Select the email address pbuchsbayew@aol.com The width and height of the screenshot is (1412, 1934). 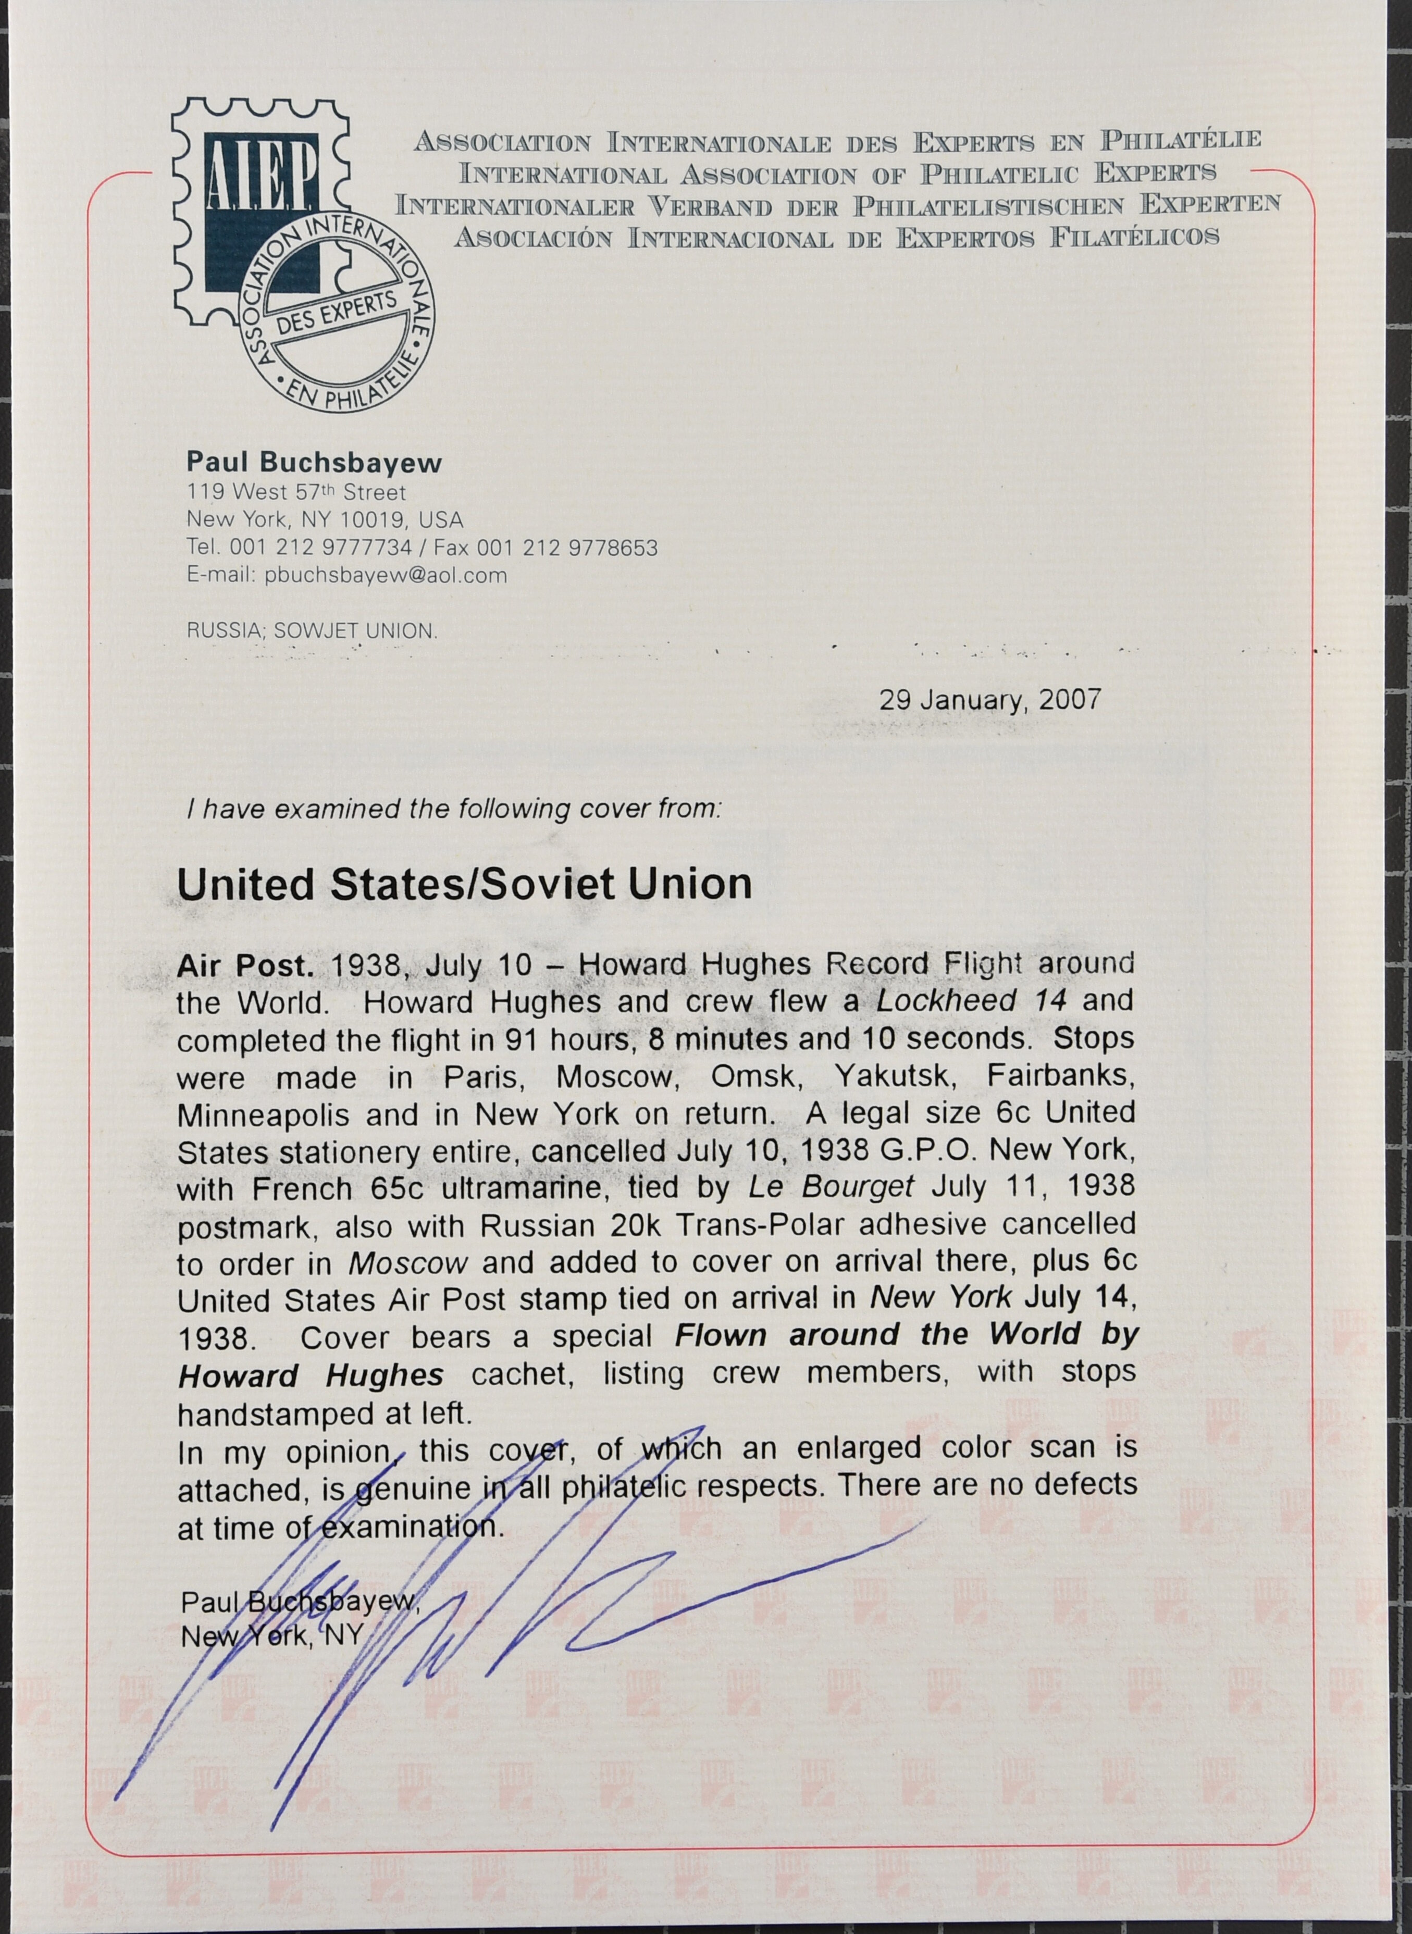[x=386, y=575]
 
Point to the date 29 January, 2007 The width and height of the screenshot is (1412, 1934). [x=990, y=700]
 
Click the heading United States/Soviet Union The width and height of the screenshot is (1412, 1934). [x=464, y=885]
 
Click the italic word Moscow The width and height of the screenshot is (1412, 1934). [x=407, y=1263]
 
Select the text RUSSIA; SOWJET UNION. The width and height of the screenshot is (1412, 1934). [x=312, y=631]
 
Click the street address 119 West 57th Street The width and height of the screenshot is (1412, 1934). [x=296, y=492]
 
